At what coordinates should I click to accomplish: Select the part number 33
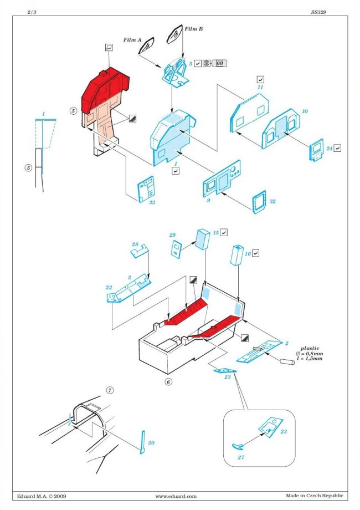(152, 202)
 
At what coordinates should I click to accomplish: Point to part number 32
(272, 202)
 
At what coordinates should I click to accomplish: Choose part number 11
(260, 88)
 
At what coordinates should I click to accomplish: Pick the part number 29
(172, 236)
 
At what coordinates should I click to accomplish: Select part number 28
(135, 244)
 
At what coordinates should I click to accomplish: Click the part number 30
(152, 442)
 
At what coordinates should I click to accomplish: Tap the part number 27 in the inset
(240, 458)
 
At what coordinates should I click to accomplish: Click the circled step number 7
(110, 390)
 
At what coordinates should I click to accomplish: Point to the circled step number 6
(168, 381)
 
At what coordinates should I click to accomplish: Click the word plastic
(309, 348)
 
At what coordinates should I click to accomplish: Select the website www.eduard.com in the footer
(176, 496)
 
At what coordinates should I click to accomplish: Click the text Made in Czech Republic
(315, 496)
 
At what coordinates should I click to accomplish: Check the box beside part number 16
(256, 253)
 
